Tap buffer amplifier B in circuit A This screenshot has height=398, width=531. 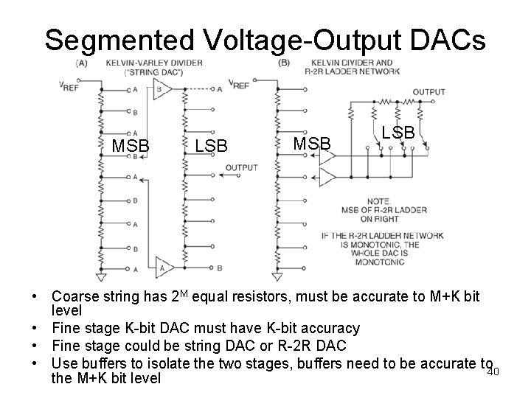pyautogui.click(x=163, y=89)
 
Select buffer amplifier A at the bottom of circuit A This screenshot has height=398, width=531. pyautogui.click(x=163, y=267)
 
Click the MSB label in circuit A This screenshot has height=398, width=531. pyautogui.click(x=131, y=146)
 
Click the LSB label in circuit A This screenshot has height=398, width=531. pyautogui.click(x=211, y=146)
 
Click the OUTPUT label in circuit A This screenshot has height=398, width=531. pyautogui.click(x=242, y=167)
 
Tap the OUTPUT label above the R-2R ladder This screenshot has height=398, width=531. pyautogui.click(x=429, y=92)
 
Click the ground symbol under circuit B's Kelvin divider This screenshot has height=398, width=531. pyautogui.click(x=278, y=276)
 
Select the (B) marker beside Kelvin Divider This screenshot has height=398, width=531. pyautogui.click(x=284, y=63)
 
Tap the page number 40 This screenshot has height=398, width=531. pyautogui.click(x=493, y=371)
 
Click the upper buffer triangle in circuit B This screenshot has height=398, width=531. pyautogui.click(x=325, y=157)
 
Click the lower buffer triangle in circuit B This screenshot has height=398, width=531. pyautogui.click(x=325, y=176)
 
